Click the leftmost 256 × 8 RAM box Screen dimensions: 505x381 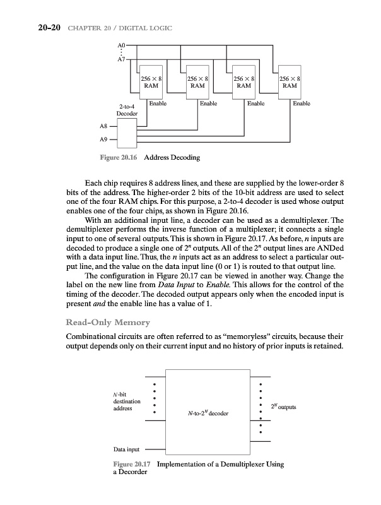(151, 81)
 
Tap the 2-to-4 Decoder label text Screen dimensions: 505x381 (128, 110)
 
